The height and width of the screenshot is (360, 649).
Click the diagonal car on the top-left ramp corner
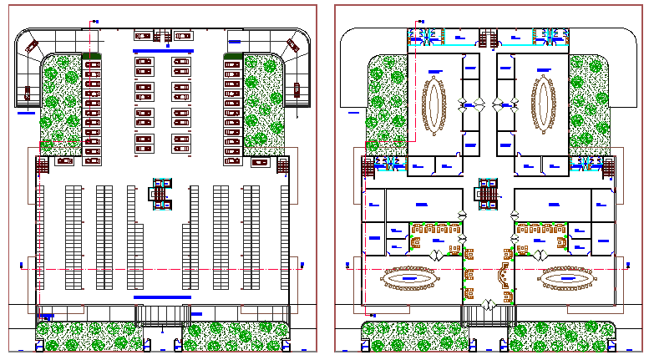(33, 46)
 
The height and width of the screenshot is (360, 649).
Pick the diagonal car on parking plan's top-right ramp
(293, 45)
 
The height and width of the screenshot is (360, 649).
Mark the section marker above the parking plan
(94, 21)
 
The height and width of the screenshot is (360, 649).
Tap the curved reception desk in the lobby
(502, 275)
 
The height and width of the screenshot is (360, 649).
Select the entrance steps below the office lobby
(488, 316)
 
